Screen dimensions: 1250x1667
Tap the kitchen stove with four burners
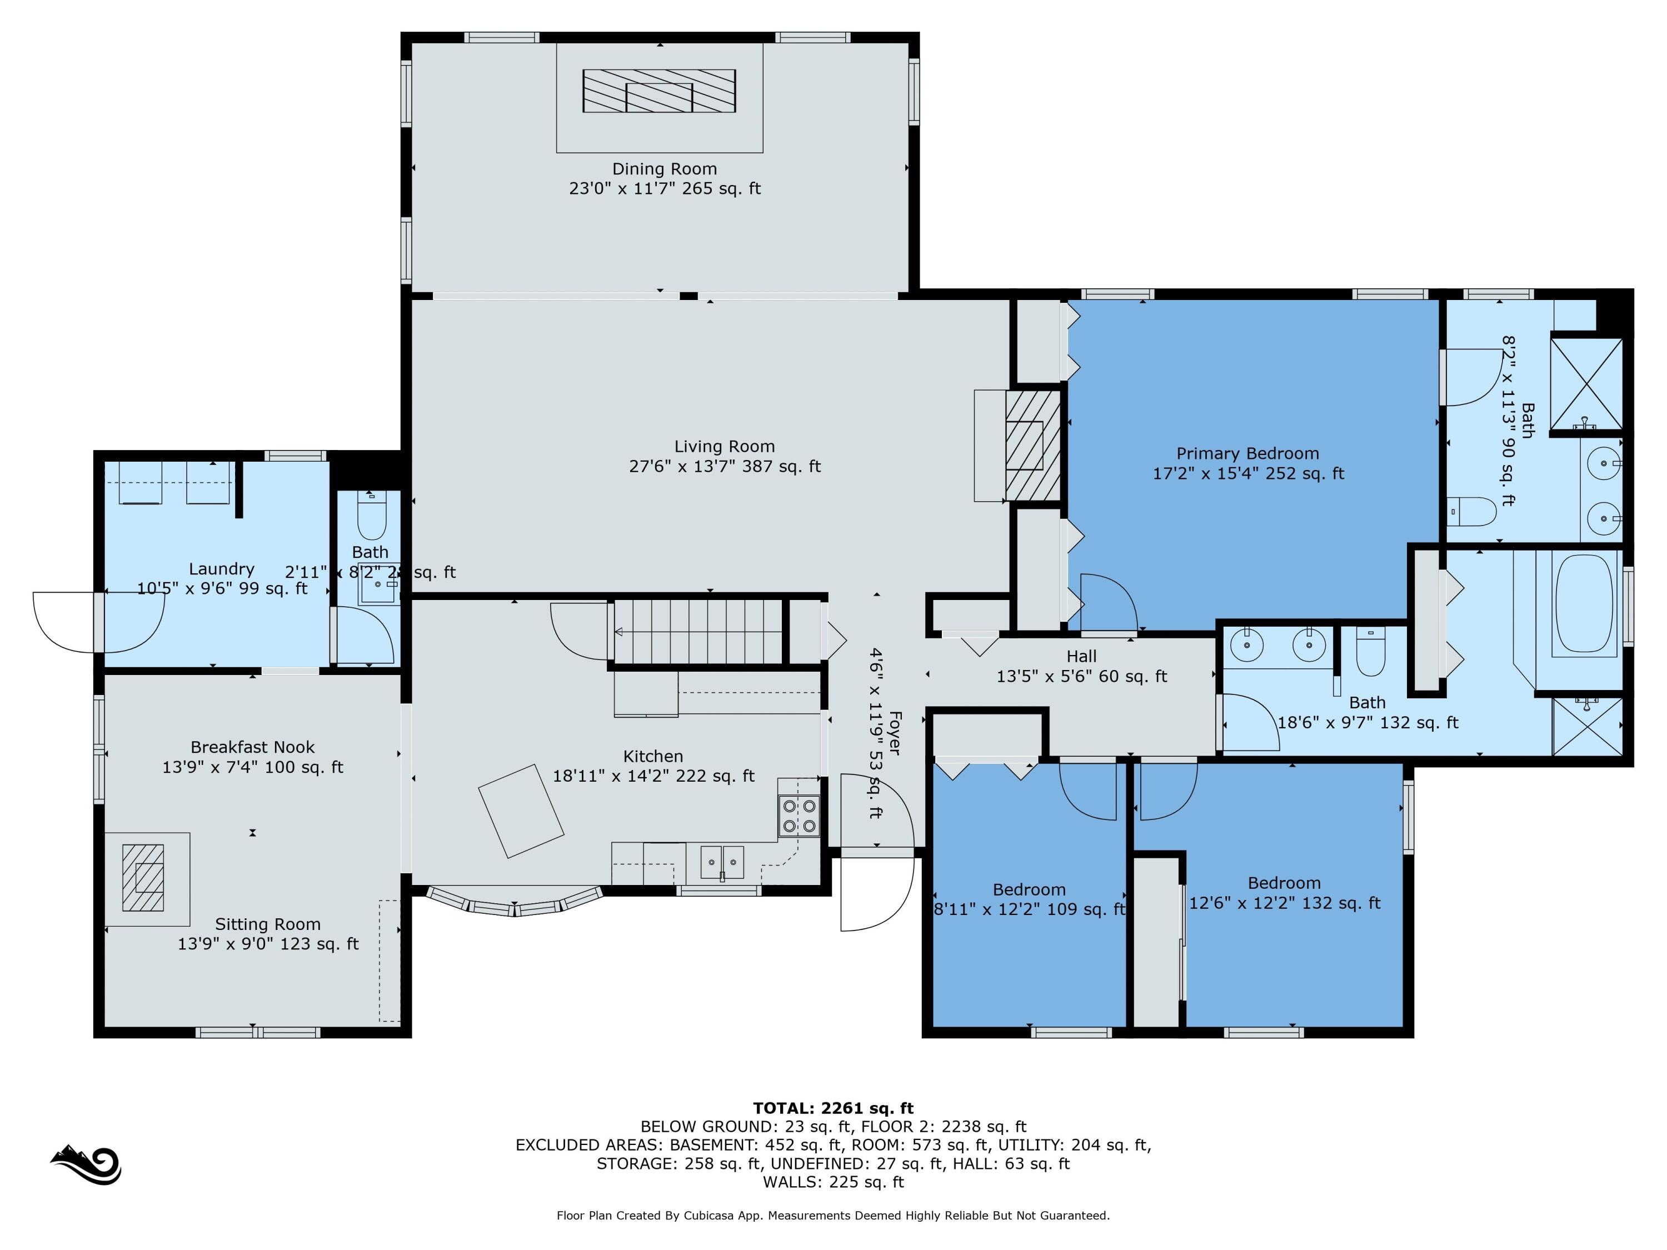point(799,816)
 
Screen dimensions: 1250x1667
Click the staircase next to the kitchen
point(697,632)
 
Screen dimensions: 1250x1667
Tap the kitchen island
point(521,811)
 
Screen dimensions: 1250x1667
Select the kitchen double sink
point(721,862)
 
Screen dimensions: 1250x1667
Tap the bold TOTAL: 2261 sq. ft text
point(833,1108)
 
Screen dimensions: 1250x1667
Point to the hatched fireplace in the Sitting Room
point(143,878)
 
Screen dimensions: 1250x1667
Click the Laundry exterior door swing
point(98,622)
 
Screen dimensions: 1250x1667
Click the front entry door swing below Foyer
point(874,893)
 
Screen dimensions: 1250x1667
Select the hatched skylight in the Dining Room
point(658,91)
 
